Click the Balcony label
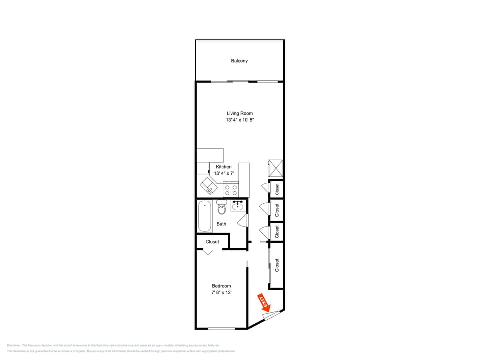(239, 61)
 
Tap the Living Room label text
(240, 113)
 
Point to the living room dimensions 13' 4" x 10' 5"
(240, 120)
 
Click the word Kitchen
(223, 167)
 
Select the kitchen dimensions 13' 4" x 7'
(223, 173)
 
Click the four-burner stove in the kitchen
(231, 190)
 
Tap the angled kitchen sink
(209, 186)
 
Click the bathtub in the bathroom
(204, 216)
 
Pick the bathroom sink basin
(237, 205)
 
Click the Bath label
(221, 224)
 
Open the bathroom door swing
(243, 220)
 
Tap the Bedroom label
(221, 286)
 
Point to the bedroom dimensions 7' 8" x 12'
(221, 293)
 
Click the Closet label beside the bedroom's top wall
(212, 242)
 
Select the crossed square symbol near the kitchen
(276, 168)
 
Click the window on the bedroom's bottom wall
(221, 328)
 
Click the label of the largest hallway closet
(277, 265)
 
